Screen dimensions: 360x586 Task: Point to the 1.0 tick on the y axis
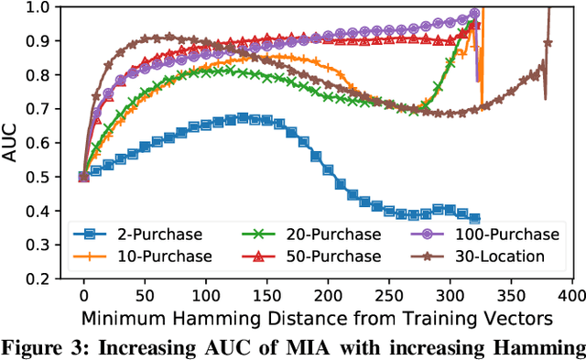(x=46, y=8)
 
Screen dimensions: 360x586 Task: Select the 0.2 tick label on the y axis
(x=46, y=278)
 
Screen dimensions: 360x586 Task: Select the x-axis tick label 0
(x=83, y=296)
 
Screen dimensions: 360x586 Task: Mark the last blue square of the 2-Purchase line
(x=474, y=219)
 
